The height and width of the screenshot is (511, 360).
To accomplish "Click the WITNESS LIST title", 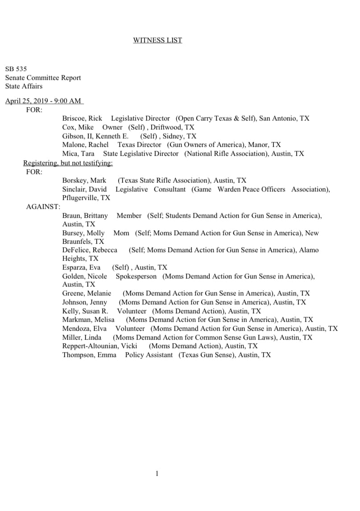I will pyautogui.click(x=157, y=40).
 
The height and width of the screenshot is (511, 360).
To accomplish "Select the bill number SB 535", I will pyautogui.click(x=16, y=69).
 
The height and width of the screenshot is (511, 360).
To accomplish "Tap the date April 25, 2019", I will pyautogui.click(x=28, y=101).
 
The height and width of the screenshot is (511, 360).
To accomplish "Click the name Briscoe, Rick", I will pyautogui.click(x=82, y=118).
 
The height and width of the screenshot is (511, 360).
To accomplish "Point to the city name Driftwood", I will pyautogui.click(x=167, y=127).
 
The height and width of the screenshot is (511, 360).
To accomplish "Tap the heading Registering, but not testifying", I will pyautogui.click(x=68, y=163).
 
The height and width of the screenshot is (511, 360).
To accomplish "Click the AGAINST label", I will pyautogui.click(x=43, y=207).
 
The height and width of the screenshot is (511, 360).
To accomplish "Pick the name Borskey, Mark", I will pyautogui.click(x=84, y=180).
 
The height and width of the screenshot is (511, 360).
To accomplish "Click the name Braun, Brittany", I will pyautogui.click(x=85, y=216).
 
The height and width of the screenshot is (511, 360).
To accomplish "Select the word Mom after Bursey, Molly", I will pyautogui.click(x=121, y=233).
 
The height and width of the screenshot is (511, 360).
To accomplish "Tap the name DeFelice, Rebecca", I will pyautogui.click(x=90, y=250).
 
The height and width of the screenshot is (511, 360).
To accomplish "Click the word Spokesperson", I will pyautogui.click(x=136, y=276).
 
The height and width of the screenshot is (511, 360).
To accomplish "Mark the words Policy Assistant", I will pyautogui.click(x=149, y=355).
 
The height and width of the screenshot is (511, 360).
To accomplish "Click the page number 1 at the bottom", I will pyautogui.click(x=157, y=474).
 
